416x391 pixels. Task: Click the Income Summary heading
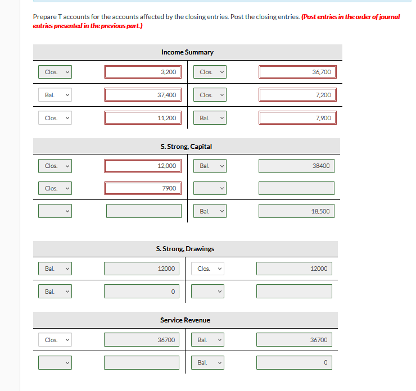click(187, 52)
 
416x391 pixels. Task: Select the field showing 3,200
click(143, 72)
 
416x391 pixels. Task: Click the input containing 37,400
click(143, 95)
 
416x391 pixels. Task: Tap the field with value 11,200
click(143, 118)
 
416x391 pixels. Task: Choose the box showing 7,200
click(297, 95)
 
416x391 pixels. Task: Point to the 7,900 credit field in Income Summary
click(297, 118)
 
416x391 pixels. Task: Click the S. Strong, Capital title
click(186, 147)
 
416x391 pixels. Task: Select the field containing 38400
click(296, 166)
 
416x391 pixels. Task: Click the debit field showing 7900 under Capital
click(143, 188)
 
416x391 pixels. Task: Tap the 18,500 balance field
click(296, 211)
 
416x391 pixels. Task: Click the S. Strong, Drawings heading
click(185, 249)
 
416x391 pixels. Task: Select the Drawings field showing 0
click(142, 292)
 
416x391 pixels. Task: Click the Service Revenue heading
click(185, 320)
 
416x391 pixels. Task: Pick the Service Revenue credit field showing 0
click(294, 363)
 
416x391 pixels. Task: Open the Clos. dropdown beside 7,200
click(211, 95)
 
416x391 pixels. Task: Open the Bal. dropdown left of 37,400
click(55, 95)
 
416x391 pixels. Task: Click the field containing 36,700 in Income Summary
click(297, 72)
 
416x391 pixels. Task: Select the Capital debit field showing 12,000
click(143, 166)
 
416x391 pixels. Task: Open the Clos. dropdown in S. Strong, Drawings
click(208, 269)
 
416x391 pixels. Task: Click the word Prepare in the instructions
click(46, 17)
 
